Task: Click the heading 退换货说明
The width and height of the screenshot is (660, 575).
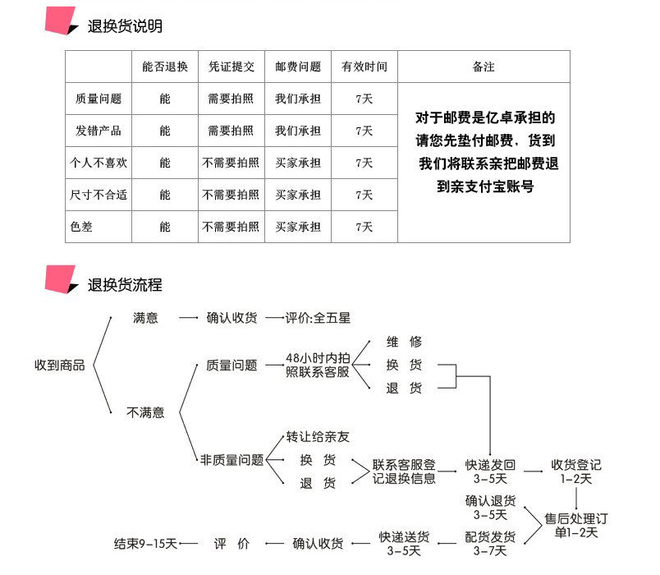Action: (x=125, y=26)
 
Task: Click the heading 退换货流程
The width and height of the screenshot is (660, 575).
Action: (x=125, y=285)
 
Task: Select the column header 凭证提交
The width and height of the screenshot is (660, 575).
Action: (x=231, y=67)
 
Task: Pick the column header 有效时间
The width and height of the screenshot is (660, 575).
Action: (x=364, y=67)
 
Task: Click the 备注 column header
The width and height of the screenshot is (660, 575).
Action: (x=484, y=67)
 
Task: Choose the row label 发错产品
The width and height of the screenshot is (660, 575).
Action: (x=99, y=131)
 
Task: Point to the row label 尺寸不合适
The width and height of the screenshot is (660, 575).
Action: (x=99, y=195)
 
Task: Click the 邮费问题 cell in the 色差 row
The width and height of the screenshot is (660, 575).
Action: (x=297, y=227)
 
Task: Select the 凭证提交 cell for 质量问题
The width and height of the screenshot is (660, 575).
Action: (x=231, y=99)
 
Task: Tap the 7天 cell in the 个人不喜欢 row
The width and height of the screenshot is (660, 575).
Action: (x=364, y=163)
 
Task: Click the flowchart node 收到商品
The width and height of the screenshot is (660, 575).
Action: (x=59, y=365)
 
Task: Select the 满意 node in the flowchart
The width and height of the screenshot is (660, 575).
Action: (x=145, y=317)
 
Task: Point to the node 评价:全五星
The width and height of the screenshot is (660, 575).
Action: (x=318, y=317)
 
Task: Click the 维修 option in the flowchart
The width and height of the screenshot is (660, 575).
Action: (x=404, y=342)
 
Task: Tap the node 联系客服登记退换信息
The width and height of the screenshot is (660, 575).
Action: (x=404, y=471)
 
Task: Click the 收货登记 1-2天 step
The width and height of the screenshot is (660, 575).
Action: (x=576, y=471)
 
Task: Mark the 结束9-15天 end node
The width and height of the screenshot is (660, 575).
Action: (x=145, y=543)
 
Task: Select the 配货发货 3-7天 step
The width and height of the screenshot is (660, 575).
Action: (x=490, y=544)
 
